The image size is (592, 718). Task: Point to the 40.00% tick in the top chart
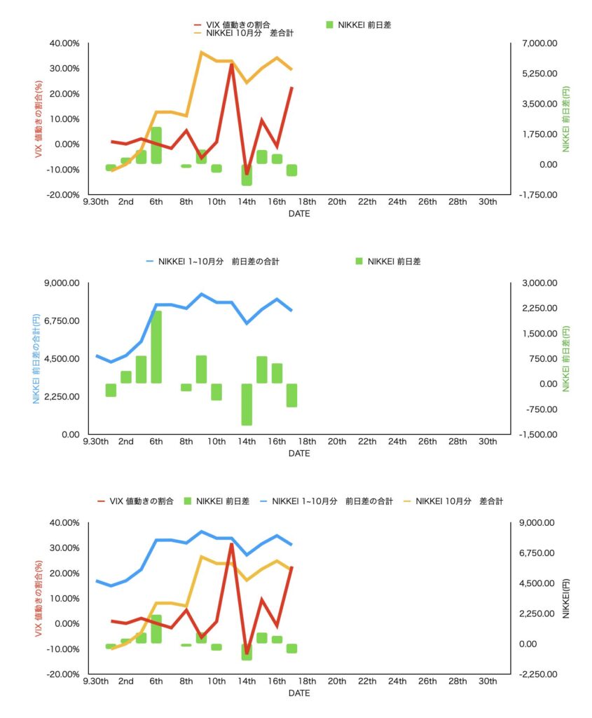point(64,43)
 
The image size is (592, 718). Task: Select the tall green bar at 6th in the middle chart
point(156,346)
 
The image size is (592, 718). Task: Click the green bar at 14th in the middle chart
point(247,404)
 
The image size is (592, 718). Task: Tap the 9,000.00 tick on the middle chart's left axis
point(61,283)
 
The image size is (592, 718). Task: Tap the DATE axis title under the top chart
point(299,214)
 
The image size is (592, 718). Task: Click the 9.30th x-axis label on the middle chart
point(96,442)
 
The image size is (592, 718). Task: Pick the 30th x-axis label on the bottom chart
point(488,682)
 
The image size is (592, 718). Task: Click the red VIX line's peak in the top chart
point(232,64)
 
